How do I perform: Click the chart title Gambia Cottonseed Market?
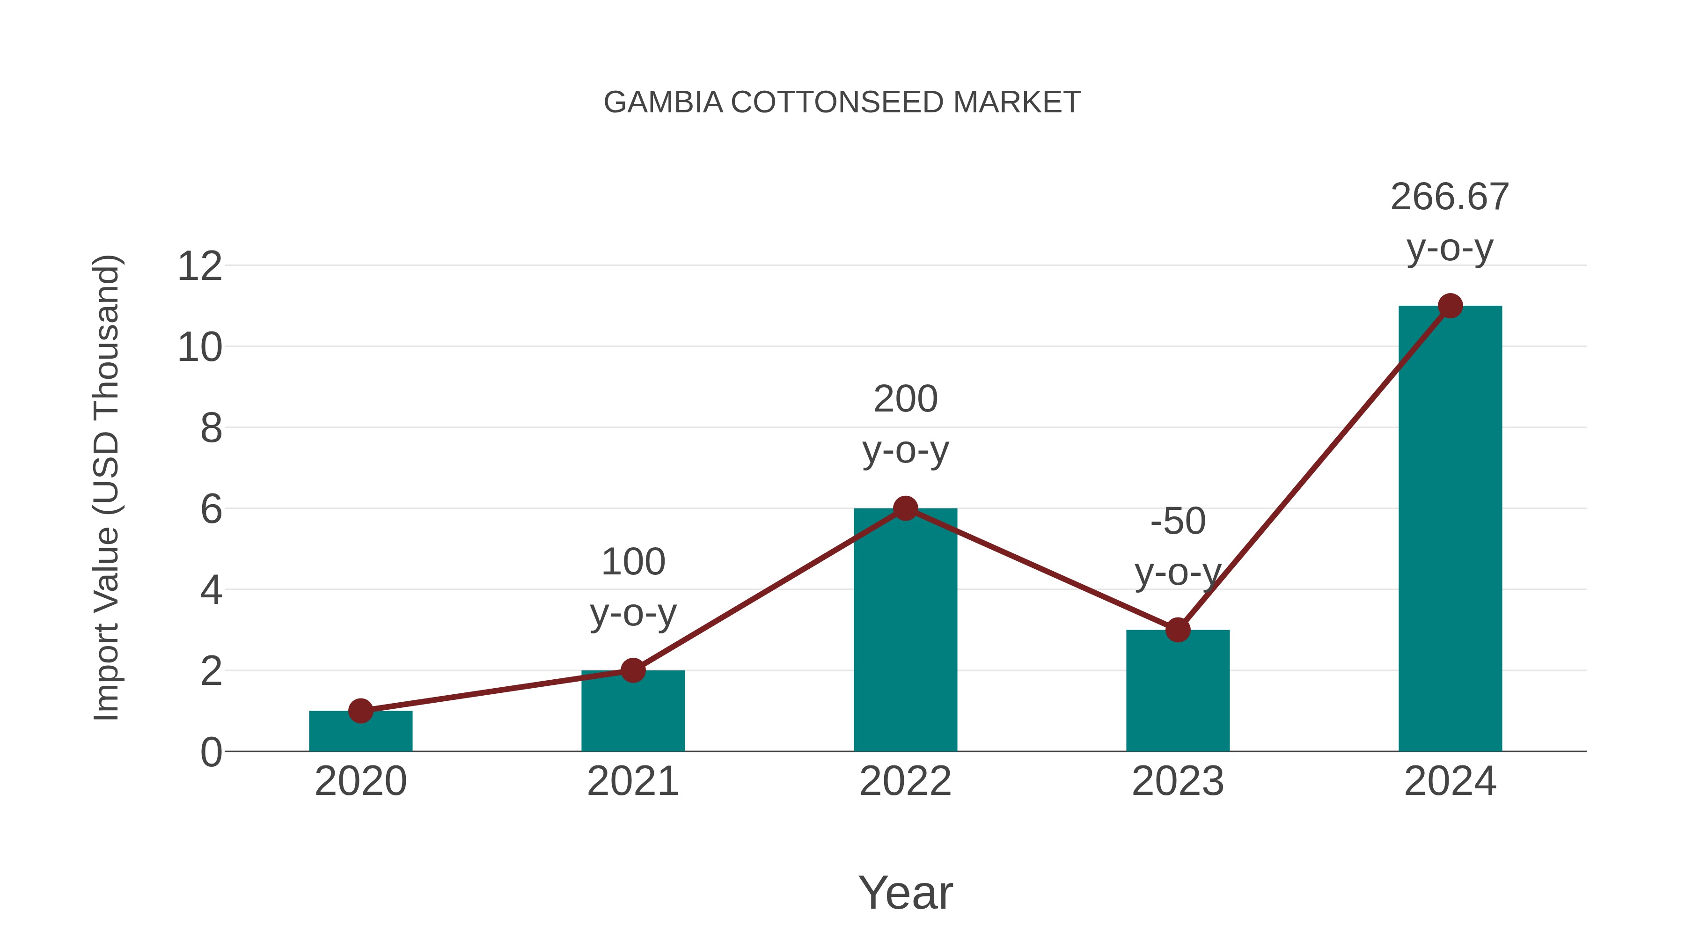click(x=842, y=103)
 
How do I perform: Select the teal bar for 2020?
click(x=360, y=733)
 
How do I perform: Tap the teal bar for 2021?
click(x=632, y=713)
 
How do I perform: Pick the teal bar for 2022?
click(x=905, y=635)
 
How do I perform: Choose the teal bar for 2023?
click(x=1178, y=693)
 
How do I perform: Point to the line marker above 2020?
click(x=360, y=711)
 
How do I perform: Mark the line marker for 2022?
click(x=905, y=508)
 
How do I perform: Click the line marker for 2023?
click(x=1178, y=630)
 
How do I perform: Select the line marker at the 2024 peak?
click(x=1450, y=306)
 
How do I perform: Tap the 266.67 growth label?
click(x=1450, y=197)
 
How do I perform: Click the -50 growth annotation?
click(x=1178, y=522)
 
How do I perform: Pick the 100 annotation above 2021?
click(x=632, y=562)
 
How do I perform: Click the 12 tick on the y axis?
click(x=199, y=266)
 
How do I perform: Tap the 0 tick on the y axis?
click(x=211, y=752)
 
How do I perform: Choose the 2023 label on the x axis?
click(x=1178, y=781)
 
